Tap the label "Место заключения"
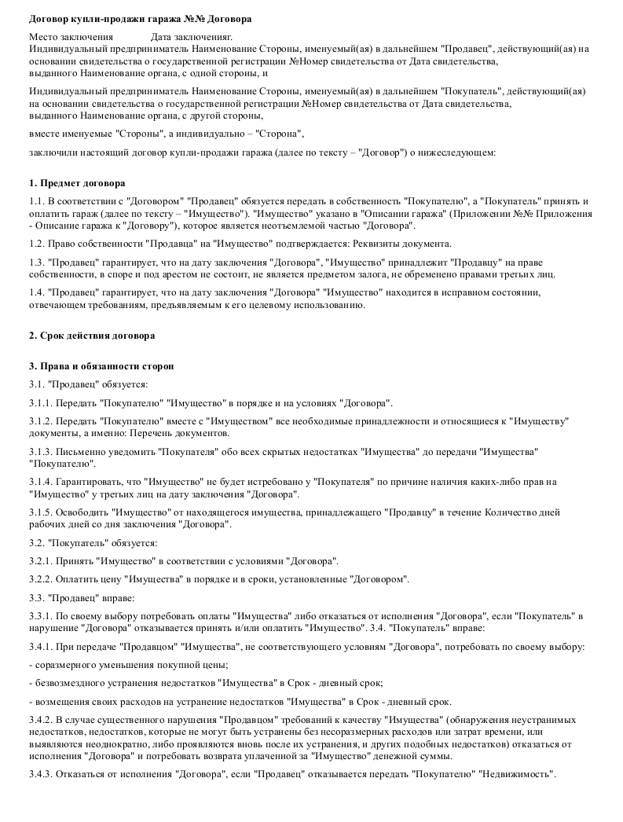pos(71,37)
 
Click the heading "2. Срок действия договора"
pos(92,336)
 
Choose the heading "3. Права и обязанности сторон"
pos(101,366)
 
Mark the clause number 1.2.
pos(36,244)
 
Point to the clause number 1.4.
pos(36,292)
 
